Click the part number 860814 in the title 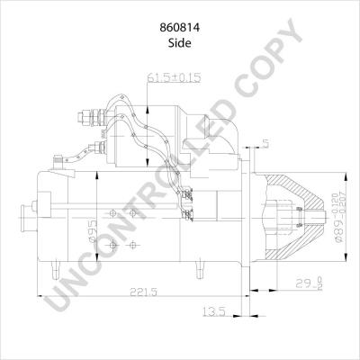click(180, 28)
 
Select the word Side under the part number click(180, 43)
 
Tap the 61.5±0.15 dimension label click(174, 77)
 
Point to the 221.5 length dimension click(143, 292)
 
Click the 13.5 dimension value click(214, 311)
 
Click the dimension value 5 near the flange click(265, 144)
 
